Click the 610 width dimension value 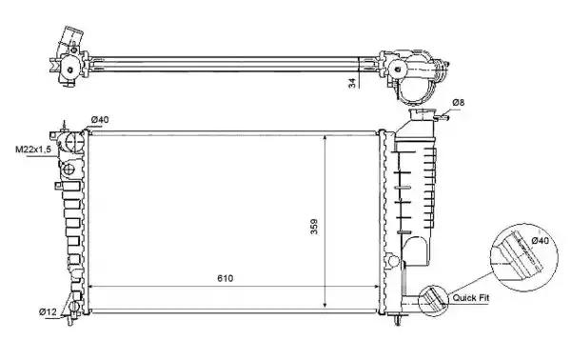[x=225, y=278]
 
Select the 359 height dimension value [x=314, y=227]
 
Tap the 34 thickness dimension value [x=352, y=84]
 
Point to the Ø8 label [x=459, y=103]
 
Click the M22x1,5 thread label [x=32, y=149]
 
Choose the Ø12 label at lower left [x=48, y=311]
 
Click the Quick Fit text [x=470, y=298]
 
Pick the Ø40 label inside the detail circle [x=541, y=241]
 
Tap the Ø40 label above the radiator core [x=100, y=119]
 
